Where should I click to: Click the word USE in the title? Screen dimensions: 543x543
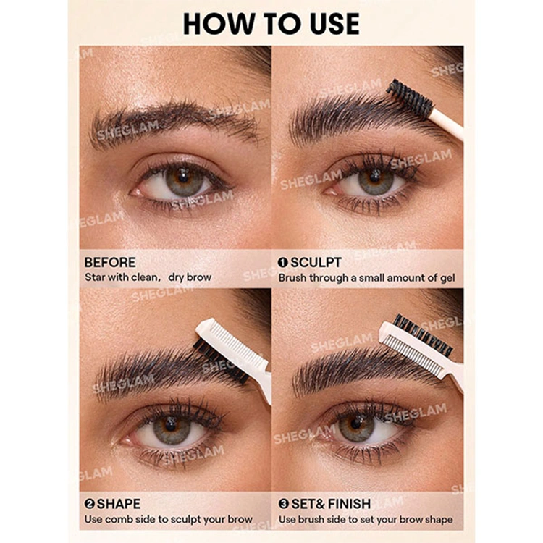334,24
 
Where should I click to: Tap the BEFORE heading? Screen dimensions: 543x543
110,263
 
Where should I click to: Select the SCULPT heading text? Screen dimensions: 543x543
316,263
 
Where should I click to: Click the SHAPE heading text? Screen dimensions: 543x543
119,504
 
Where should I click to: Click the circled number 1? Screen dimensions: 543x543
283,263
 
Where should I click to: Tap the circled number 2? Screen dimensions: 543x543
90,504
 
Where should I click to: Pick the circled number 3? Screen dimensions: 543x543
284,504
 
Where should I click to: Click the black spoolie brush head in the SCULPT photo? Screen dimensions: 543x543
410,98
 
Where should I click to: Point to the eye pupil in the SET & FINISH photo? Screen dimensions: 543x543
355,424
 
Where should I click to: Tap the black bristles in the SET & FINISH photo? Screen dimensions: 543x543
424,335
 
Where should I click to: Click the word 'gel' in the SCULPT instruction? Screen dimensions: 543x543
447,279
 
